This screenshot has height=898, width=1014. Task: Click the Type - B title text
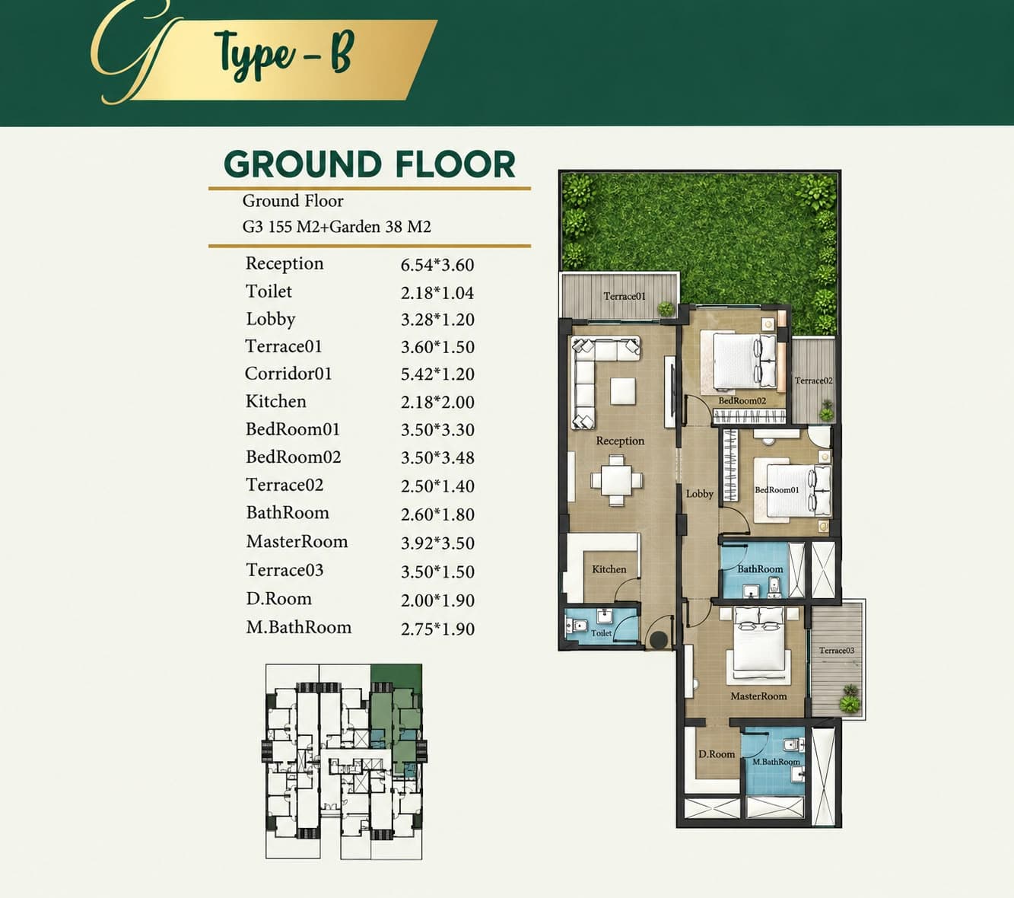(284, 54)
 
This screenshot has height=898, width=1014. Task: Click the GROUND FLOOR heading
(370, 164)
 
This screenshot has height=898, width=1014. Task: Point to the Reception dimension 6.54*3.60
(437, 265)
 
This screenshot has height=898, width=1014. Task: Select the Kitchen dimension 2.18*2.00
(437, 402)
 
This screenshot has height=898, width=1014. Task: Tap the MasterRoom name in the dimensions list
(297, 541)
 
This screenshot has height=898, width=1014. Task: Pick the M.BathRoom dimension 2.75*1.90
(437, 629)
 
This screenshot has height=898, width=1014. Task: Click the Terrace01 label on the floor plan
(625, 296)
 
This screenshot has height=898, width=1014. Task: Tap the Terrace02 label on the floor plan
(813, 381)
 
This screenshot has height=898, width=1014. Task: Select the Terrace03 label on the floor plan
(836, 651)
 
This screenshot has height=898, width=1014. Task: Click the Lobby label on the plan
(699, 494)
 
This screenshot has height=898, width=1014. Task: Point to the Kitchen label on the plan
(609, 569)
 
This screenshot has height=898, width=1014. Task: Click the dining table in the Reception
(616, 480)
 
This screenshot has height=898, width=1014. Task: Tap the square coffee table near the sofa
(622, 392)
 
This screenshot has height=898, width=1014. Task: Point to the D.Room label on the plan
(717, 754)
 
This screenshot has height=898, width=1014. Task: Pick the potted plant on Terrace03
(850, 699)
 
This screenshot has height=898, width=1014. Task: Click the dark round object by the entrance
(658, 639)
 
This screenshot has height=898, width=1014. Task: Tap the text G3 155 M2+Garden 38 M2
(336, 227)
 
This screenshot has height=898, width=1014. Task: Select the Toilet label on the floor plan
(601, 633)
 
